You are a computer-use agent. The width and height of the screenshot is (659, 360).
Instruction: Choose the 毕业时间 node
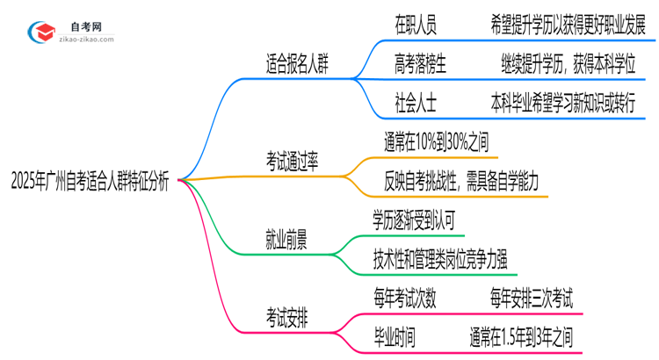point(394,335)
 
